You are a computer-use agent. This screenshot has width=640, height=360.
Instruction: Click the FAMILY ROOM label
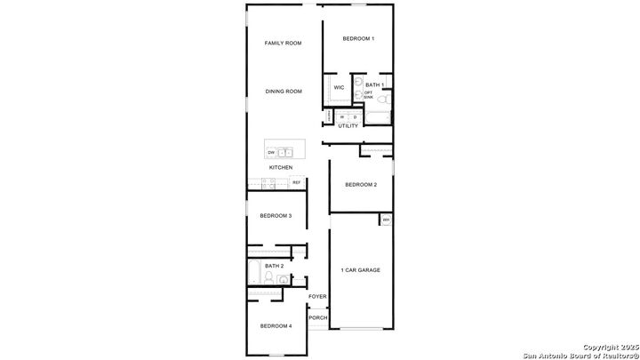pos(283,44)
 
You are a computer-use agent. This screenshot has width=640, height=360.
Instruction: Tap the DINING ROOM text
pos(284,91)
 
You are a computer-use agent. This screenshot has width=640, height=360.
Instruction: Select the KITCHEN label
pos(281,167)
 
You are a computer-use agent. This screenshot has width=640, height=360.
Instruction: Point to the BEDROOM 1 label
pos(359,39)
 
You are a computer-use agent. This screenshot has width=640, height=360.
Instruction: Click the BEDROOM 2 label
pos(361,184)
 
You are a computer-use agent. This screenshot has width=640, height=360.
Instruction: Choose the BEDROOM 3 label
pos(276,215)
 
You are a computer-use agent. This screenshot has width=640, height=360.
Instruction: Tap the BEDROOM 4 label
pos(276,326)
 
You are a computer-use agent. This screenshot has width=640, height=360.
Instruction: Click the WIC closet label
pos(339,87)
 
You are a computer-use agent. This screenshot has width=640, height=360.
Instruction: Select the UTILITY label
pos(348,126)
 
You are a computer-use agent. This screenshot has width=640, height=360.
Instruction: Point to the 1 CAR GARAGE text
pos(361,269)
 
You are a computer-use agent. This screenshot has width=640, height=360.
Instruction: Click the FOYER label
pos(317,296)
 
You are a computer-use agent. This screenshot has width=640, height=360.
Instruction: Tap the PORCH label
pos(317,317)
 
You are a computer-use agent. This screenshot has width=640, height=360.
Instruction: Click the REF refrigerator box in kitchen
pos(296,182)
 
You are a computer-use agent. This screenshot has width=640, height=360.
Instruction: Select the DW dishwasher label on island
pos(271,152)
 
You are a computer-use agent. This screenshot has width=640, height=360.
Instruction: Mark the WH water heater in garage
pos(386,219)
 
